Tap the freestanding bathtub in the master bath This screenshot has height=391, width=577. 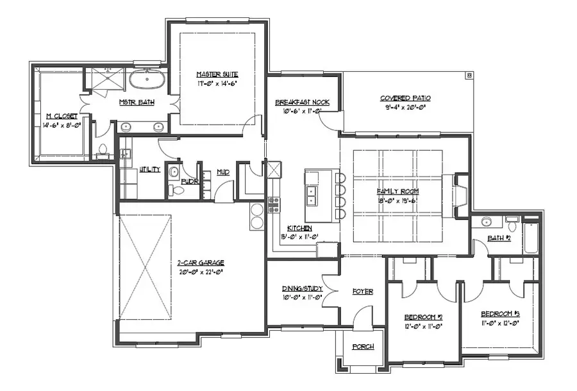(x=147, y=81)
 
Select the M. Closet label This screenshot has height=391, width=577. (x=62, y=116)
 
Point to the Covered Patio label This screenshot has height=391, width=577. (x=405, y=98)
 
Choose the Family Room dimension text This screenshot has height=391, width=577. (x=397, y=200)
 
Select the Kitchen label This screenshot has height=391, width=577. (x=299, y=229)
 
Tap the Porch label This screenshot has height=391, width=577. (x=363, y=347)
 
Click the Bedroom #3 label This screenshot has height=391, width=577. (x=500, y=313)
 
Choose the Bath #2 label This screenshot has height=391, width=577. (x=498, y=238)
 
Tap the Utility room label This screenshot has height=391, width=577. (x=149, y=171)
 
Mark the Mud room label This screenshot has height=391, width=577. (x=223, y=172)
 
